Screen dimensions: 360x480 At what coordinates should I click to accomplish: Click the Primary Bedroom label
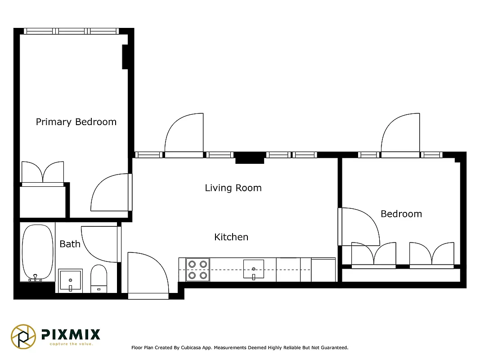[76, 122]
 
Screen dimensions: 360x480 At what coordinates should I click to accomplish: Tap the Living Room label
[233, 188]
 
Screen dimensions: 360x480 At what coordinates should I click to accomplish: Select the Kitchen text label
[231, 237]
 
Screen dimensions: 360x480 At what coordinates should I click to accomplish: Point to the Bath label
[70, 244]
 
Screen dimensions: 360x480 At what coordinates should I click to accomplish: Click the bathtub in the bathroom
[37, 252]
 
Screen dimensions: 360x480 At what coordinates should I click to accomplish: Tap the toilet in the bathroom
[99, 279]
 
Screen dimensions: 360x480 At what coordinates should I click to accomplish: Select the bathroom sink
[70, 281]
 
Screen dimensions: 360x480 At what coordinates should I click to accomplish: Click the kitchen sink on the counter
[254, 269]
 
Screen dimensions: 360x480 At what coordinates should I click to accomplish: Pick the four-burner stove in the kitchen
[197, 270]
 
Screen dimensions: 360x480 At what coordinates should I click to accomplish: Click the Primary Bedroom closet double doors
[43, 173]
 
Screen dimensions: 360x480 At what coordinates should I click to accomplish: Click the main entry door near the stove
[146, 274]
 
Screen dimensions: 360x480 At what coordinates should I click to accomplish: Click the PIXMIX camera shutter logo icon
[23, 336]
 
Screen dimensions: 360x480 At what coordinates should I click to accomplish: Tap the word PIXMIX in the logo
[71, 334]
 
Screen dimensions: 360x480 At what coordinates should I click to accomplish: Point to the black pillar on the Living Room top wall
[250, 157]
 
